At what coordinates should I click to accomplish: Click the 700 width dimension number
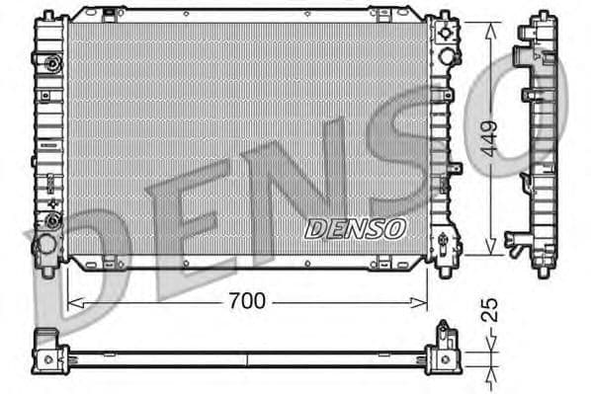point(246,301)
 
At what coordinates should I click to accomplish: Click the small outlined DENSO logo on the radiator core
point(355,228)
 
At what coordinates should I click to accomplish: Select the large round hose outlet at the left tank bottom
point(45,243)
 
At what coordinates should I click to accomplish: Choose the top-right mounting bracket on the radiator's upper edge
point(385,14)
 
